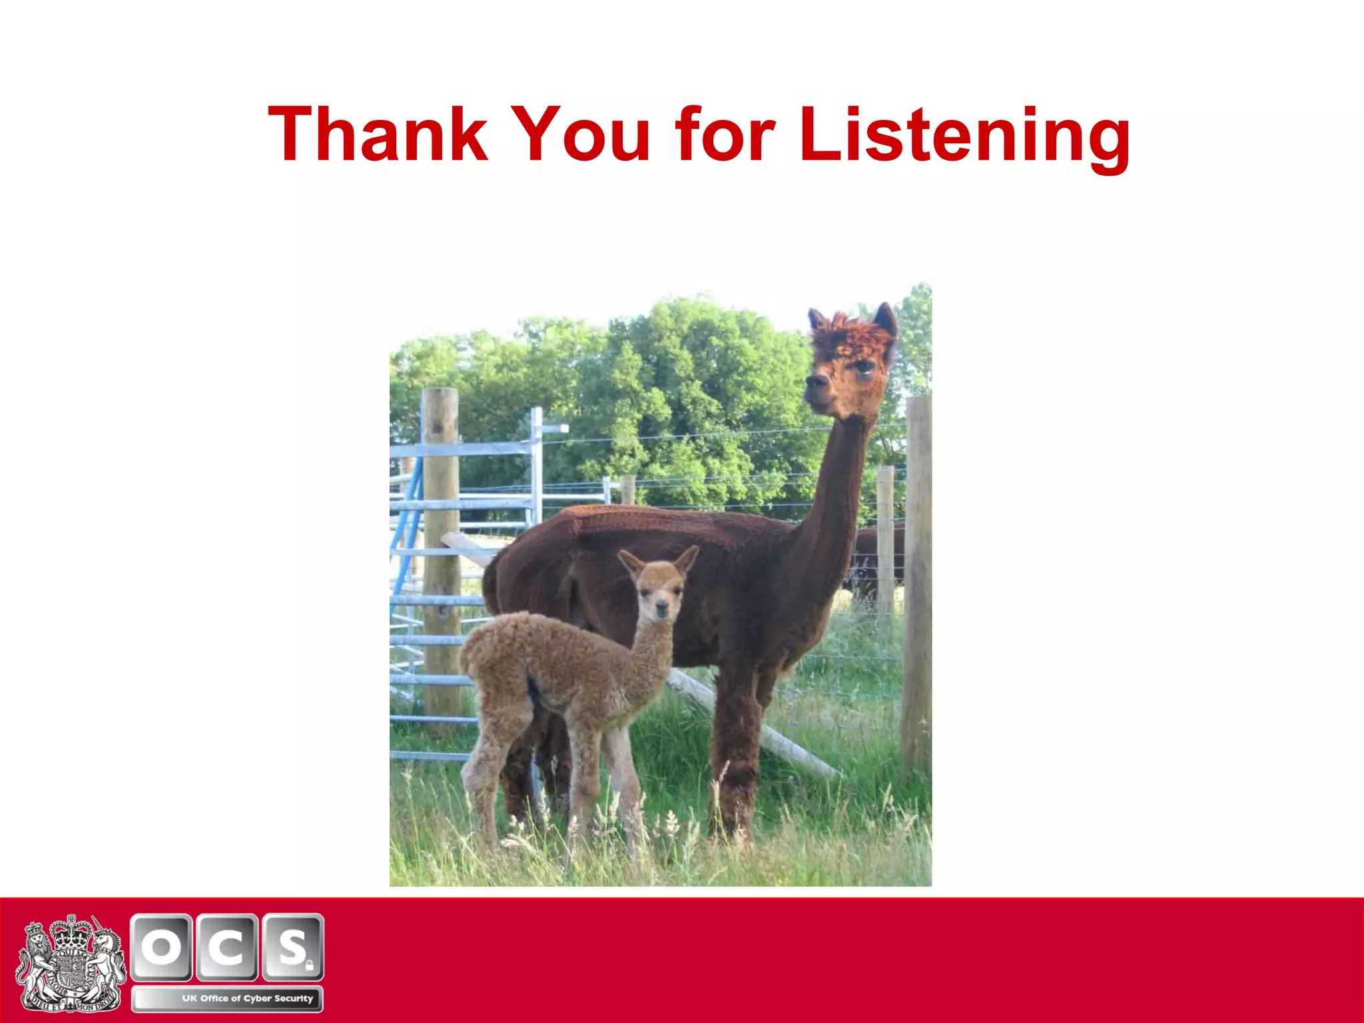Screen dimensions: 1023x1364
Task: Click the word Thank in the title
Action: pyautogui.click(x=378, y=135)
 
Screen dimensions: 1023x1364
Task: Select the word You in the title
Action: pyautogui.click(x=581, y=135)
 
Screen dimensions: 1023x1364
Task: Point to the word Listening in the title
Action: pyautogui.click(x=964, y=137)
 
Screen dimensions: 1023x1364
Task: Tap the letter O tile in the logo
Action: pyautogui.click(x=162, y=946)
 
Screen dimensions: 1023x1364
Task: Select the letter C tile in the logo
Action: pyautogui.click(x=226, y=946)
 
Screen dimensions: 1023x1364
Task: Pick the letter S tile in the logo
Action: pyautogui.click(x=292, y=946)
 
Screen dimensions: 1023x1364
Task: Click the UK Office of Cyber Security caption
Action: pyautogui.click(x=247, y=998)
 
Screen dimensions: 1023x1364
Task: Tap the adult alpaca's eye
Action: pyautogui.click(x=864, y=366)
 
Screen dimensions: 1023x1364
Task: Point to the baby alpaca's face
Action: pyautogui.click(x=659, y=597)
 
